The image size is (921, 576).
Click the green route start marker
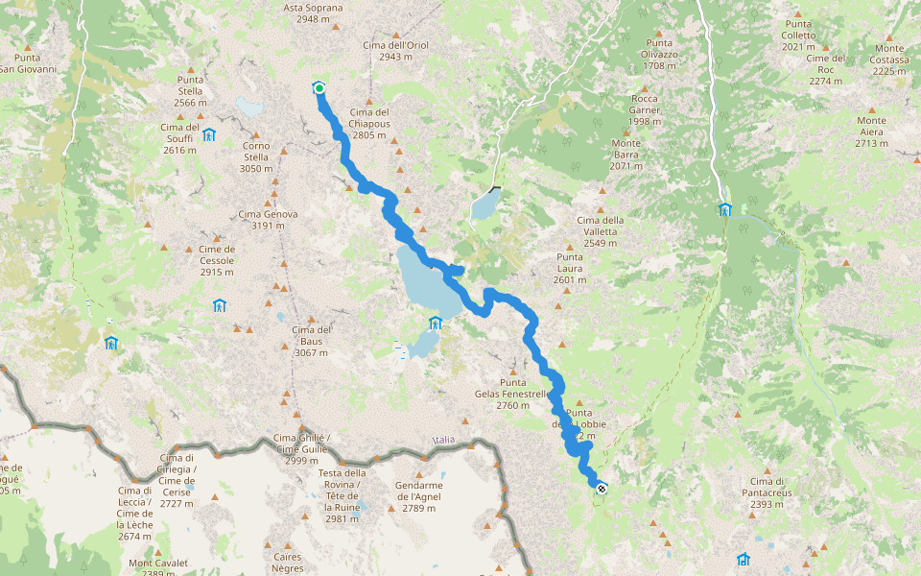(319, 88)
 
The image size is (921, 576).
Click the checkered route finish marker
(601, 489)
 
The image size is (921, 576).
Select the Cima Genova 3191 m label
(268, 220)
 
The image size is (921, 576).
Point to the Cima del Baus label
(311, 341)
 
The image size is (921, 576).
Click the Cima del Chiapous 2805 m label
(368, 124)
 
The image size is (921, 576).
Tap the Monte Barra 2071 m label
(626, 155)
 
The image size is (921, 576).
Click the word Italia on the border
(443, 440)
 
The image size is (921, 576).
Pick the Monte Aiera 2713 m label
(871, 132)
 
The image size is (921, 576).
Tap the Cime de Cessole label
(217, 260)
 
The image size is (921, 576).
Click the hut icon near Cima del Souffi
(208, 134)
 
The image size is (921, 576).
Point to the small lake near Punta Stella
(250, 105)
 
